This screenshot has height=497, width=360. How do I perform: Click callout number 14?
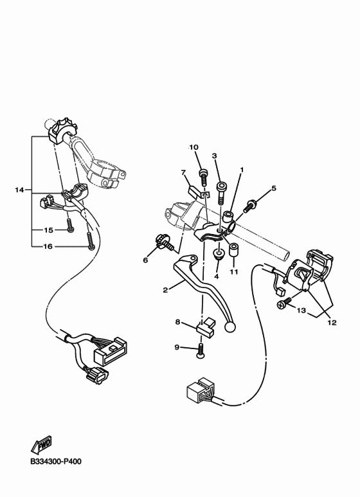pos(19,190)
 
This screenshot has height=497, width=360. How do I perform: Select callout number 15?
pos(48,230)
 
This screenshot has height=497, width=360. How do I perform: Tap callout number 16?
pos(48,246)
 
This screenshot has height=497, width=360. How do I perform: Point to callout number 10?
pos(194,148)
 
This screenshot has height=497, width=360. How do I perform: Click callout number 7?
pos(183,172)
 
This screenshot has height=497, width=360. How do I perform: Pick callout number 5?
pos(273,188)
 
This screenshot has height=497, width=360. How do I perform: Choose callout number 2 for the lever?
pos(165,290)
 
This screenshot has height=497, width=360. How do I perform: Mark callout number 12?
pos(332,323)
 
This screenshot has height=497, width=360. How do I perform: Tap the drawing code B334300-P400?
pos(55,461)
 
